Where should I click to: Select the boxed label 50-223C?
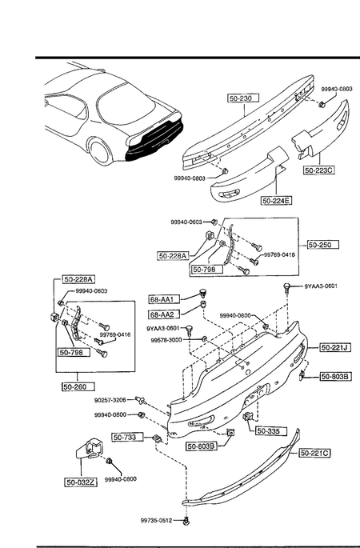coord(318,170)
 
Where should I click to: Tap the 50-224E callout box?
coord(277,201)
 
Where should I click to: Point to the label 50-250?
coord(323,245)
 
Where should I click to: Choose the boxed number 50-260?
coord(78,387)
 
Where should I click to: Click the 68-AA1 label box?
coord(164,299)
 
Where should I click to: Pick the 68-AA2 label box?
coord(164,315)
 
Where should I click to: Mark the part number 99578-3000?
coord(166,340)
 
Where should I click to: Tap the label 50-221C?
coord(314,454)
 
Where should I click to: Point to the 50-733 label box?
coord(128,438)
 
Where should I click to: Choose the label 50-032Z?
coord(81,482)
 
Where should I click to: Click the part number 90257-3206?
coord(110,400)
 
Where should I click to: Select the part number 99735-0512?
coord(156,521)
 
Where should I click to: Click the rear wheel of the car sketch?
coord(100,151)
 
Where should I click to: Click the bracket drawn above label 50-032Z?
coord(90,450)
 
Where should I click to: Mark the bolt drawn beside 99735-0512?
coord(186,522)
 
